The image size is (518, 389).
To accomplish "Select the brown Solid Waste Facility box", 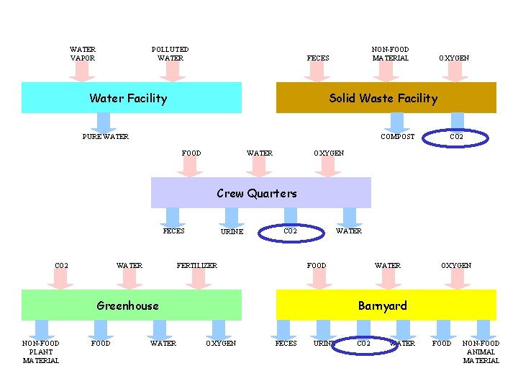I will point(386,98).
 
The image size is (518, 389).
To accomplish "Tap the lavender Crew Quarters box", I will point(260,193).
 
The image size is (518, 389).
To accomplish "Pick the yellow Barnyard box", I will point(386,305).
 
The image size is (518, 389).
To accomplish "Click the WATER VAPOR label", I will point(82,54).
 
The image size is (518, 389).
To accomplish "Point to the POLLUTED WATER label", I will point(170,54).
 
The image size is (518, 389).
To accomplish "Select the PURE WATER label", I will point(106,137).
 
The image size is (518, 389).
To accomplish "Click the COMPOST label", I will point(397,137).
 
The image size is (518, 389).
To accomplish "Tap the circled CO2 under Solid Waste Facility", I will point(456,137).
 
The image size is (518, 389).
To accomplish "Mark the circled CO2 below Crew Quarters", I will point(290,231).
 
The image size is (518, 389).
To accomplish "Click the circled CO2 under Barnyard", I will point(364,344).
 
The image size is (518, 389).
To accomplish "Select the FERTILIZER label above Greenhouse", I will point(196,266).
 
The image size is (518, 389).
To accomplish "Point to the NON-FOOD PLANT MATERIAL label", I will point(41,352).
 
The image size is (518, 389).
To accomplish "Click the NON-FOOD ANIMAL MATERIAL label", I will point(481,352).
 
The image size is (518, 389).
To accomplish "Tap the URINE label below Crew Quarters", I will point(231,232).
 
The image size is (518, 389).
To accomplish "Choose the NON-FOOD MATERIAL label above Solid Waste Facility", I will point(390,54).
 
